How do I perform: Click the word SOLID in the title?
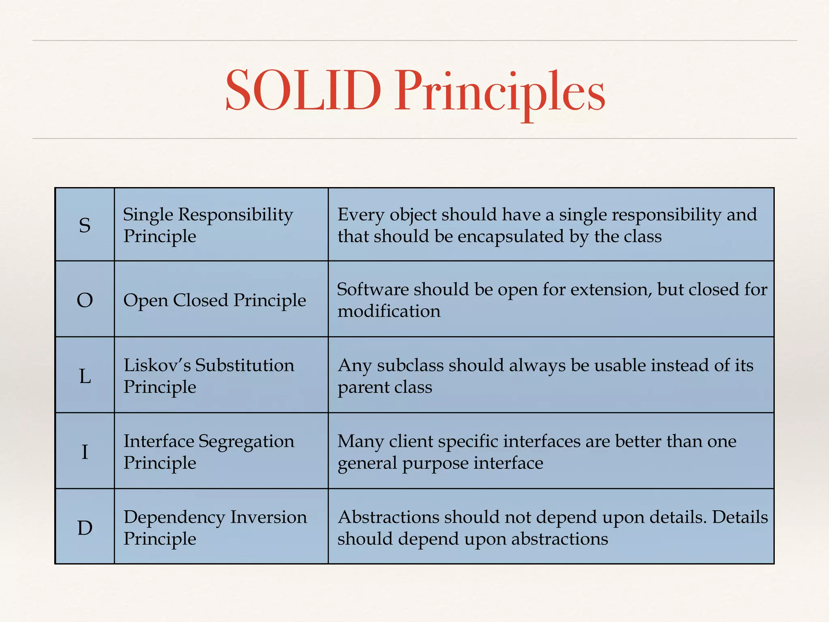point(303,91)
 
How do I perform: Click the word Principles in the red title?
point(500,92)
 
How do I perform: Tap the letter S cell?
point(85,225)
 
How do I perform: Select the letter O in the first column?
point(85,300)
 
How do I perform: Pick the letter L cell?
point(85,376)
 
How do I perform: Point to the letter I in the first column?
point(85,452)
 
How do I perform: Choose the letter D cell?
point(85,528)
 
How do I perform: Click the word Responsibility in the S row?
point(236,215)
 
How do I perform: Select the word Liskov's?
point(157,365)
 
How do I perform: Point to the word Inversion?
point(268,518)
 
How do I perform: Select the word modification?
point(389,311)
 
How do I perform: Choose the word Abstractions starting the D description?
point(389,518)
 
